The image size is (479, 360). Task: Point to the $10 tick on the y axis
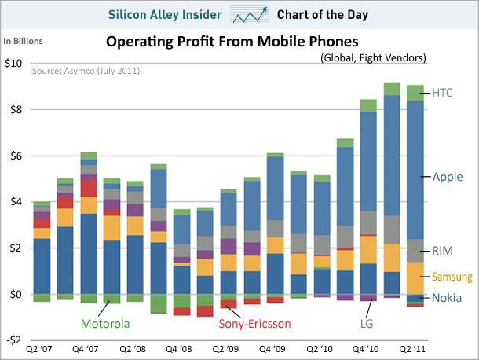[15, 63]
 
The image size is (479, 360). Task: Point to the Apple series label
[448, 177]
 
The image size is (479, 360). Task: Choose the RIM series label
[444, 251]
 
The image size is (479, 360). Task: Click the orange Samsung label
[452, 277]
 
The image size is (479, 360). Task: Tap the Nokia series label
[447, 298]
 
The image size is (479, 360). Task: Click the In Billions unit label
[24, 41]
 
